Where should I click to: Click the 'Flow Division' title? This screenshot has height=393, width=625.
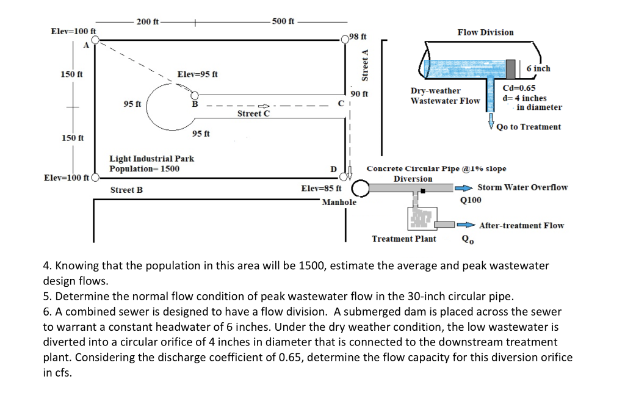coord(485,32)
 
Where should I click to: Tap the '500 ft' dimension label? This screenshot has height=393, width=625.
coord(283,21)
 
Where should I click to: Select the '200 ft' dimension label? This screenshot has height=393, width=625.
coord(148,22)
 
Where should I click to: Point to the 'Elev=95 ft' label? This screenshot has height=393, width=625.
coord(197,74)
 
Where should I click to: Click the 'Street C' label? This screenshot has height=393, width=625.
coord(253,114)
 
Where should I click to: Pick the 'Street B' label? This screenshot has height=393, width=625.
coord(126,190)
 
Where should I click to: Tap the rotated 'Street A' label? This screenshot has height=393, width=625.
coord(366,65)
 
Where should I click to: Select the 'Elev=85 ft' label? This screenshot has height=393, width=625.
coord(322,189)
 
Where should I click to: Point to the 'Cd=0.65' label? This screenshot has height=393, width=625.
coord(518,88)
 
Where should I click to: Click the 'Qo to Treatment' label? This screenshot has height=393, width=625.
coord(529,127)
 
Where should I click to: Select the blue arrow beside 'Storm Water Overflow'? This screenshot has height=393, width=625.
coord(466,188)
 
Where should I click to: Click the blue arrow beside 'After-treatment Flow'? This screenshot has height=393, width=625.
coord(468,225)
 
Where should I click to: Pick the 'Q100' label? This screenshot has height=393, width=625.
coord(471,200)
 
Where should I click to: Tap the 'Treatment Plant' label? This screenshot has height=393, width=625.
coord(404,239)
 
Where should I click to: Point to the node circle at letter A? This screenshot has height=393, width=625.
coord(96,41)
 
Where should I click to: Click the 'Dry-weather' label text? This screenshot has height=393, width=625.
coord(435,91)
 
